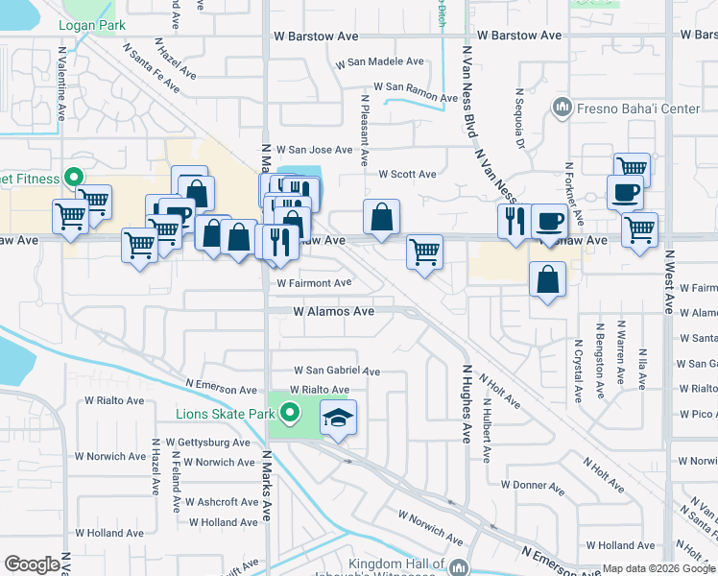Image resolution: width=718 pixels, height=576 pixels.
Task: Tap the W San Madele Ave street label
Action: pos(379,62)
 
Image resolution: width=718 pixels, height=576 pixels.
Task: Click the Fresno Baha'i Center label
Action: pos(638,108)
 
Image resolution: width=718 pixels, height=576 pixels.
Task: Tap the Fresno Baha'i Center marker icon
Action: pos(562,106)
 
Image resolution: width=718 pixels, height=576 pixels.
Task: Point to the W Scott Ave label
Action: pos(407,175)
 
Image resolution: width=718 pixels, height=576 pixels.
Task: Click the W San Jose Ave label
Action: pos(315,150)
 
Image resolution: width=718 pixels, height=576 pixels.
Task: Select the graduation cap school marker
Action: pos(338,418)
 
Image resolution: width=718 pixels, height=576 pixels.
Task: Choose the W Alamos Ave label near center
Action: pos(333,312)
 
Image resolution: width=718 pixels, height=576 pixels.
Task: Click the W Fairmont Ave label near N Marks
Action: pos(315,283)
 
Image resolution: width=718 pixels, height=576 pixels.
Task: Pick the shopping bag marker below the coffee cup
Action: pos(547,280)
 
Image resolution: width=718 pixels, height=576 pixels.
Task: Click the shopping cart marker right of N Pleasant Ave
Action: pos(424,252)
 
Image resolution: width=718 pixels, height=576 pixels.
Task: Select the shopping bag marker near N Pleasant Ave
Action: pos(381,217)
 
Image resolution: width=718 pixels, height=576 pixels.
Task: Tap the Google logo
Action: pos(33,564)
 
